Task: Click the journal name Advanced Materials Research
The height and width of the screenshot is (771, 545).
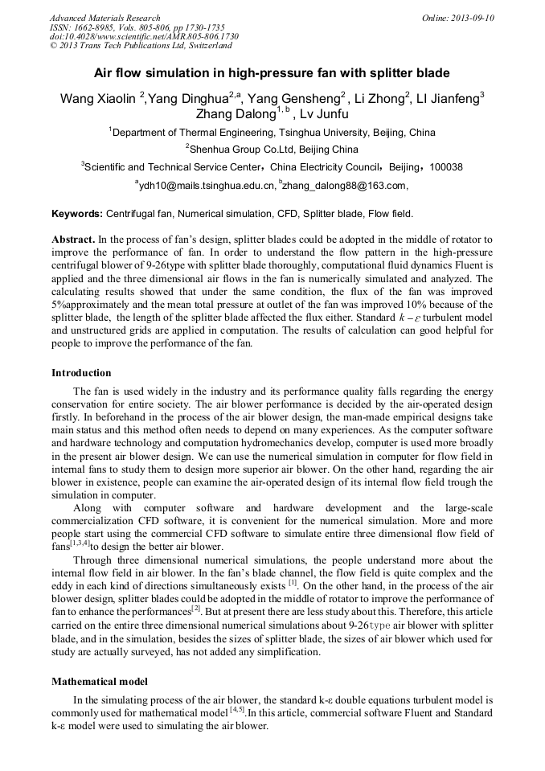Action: coord(104,18)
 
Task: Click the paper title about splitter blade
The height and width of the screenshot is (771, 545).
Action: coord(272,73)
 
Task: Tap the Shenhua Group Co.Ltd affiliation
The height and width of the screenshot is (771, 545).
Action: coord(272,150)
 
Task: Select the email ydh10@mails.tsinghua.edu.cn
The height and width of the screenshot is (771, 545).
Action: coord(204,186)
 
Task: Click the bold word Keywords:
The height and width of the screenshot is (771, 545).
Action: coord(77,215)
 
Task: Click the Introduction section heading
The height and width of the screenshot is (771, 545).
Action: coord(81,373)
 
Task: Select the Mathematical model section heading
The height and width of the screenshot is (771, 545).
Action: coord(99,682)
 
